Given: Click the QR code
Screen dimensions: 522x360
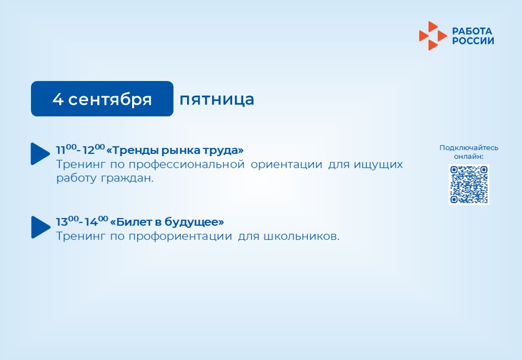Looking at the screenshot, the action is point(469,184).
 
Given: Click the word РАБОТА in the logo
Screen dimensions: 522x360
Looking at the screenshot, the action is point(472,32).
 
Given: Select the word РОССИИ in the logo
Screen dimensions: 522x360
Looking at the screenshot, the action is point(473,41).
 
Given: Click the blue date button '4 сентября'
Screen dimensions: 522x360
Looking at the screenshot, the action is point(102,98).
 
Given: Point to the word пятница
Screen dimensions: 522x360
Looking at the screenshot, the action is point(217,100).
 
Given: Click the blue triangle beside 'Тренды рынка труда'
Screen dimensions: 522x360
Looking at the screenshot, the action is point(40,154).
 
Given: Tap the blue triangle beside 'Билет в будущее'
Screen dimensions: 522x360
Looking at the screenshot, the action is point(40,227).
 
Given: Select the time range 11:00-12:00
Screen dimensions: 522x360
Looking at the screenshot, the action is point(80,150).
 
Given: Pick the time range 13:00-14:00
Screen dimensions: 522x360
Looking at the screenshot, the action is point(82,221).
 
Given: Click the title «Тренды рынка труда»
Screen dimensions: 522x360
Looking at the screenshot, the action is point(175,150).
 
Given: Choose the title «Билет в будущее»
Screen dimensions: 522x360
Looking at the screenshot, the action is point(167,222).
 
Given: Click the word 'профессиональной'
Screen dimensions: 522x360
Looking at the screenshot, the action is point(187,165).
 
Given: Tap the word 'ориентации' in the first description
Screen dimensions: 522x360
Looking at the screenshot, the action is point(287,165).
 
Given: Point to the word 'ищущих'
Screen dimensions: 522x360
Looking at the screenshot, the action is point(378,165).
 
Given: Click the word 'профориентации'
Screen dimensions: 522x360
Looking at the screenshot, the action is point(181,237).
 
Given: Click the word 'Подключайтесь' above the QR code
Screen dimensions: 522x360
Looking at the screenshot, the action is point(469,148).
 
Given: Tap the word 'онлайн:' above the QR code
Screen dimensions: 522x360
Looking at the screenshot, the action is point(469,157).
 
